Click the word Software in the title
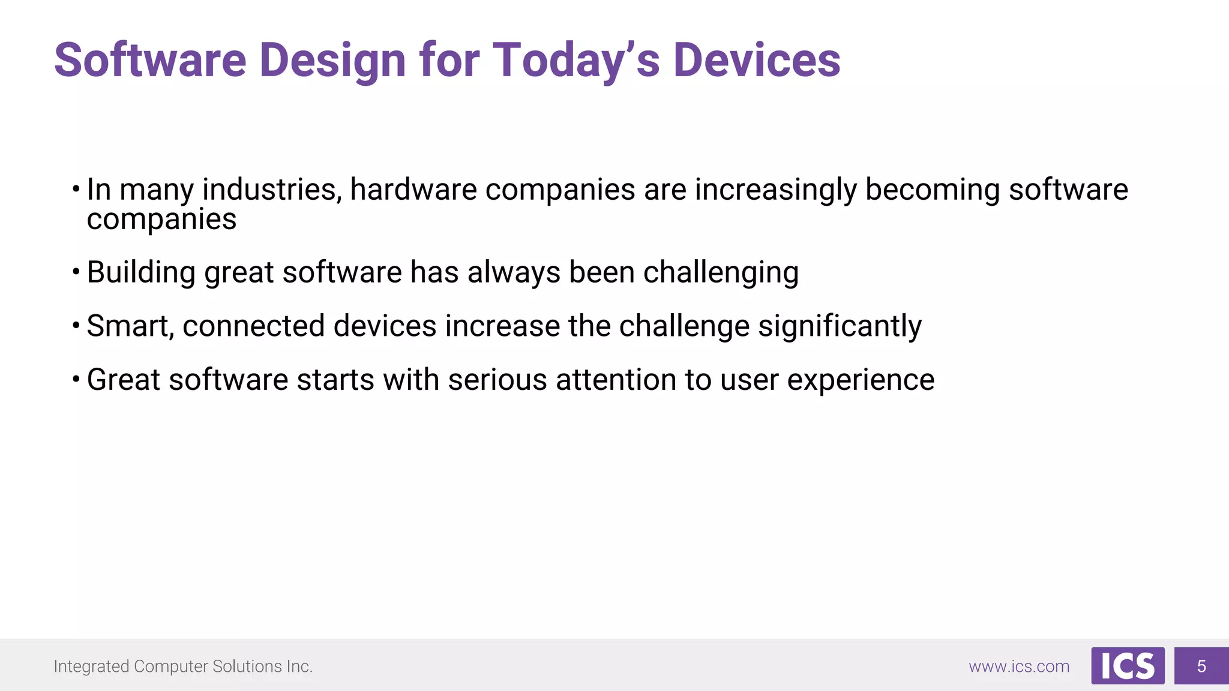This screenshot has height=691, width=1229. pyautogui.click(x=150, y=60)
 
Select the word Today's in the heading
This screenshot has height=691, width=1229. pyautogui.click(x=576, y=60)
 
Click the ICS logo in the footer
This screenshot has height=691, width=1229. pyautogui.click(x=1128, y=666)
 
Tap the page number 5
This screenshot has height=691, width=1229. pyautogui.click(x=1201, y=666)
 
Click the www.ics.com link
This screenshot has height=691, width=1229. pyautogui.click(x=1019, y=666)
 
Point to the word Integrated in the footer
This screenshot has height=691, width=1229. pyautogui.click(x=91, y=666)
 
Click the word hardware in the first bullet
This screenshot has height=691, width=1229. pyautogui.click(x=413, y=190)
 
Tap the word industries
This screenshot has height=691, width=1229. pyautogui.click(x=272, y=190)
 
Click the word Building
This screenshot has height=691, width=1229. pyautogui.click(x=141, y=273)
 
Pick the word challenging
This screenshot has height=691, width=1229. pyautogui.click(x=721, y=273)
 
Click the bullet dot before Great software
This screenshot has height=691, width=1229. pyautogui.click(x=76, y=379)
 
